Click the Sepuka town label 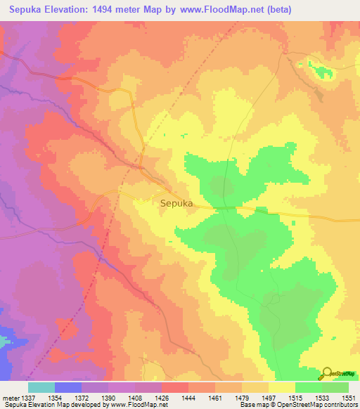click(x=176, y=204)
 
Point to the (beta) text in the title click(x=276, y=10)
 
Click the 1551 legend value click(x=348, y=398)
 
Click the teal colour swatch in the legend click(x=41, y=387)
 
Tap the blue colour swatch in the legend click(x=68, y=387)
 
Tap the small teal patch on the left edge click(x=5, y=343)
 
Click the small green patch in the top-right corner click(x=324, y=72)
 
